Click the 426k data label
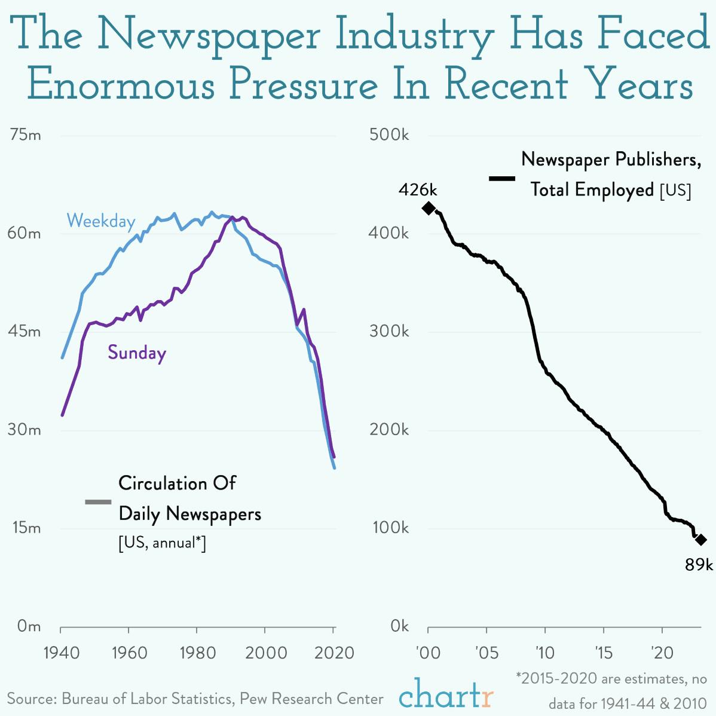[418, 190]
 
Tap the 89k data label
[699, 564]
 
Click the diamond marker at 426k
[429, 208]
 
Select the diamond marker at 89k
[701, 540]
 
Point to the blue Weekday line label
[101, 222]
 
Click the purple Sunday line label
[137, 353]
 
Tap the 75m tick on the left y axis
[26, 135]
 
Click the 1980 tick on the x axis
[197, 652]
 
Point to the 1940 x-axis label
[62, 652]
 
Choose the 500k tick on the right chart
[389, 135]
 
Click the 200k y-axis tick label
[389, 430]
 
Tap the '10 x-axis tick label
[544, 652]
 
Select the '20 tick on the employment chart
[662, 652]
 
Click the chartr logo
[446, 694]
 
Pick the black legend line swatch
[502, 178]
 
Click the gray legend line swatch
[98, 501]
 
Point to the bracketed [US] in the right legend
[675, 191]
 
